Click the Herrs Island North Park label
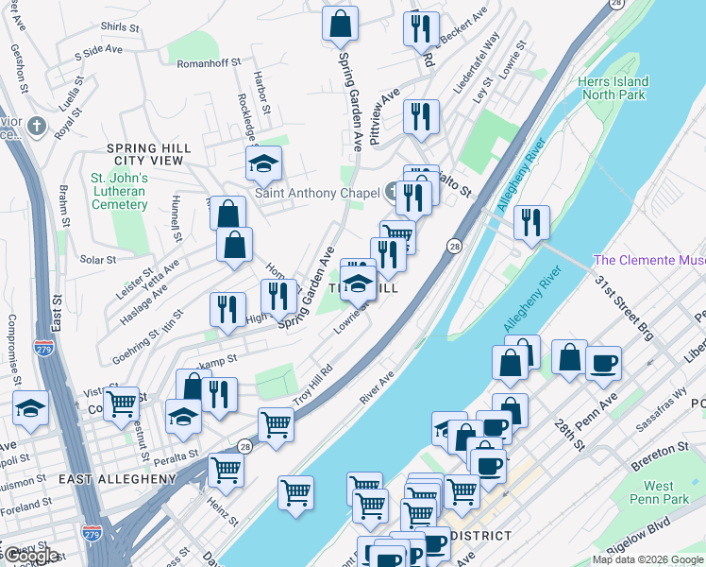click(x=614, y=88)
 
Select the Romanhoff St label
click(x=215, y=63)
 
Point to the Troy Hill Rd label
click(x=313, y=384)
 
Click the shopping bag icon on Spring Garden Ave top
click(x=341, y=24)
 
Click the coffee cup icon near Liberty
click(x=603, y=363)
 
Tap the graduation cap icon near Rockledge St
click(x=264, y=164)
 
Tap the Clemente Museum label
click(x=649, y=260)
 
